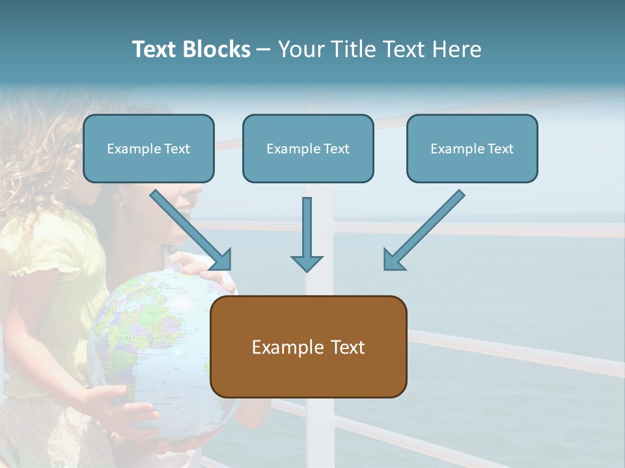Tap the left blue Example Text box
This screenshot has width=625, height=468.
point(148,149)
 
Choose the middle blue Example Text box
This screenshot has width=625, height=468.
point(308,149)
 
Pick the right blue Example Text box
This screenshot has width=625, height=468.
point(472,149)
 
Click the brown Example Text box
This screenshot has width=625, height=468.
point(309,346)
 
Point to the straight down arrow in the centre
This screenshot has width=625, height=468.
point(307,234)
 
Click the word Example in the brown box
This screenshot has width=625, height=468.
point(286,347)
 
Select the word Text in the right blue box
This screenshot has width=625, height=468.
point(500,149)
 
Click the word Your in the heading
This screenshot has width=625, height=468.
point(300,49)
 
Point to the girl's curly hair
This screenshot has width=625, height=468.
point(39,149)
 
